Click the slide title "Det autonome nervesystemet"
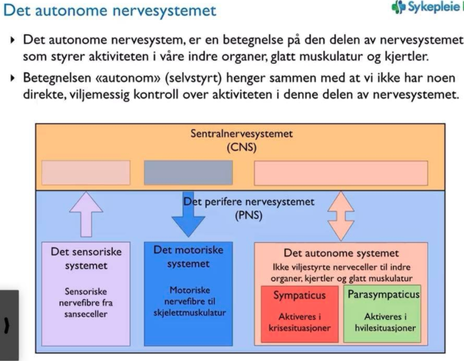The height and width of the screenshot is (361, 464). click(110, 10)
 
